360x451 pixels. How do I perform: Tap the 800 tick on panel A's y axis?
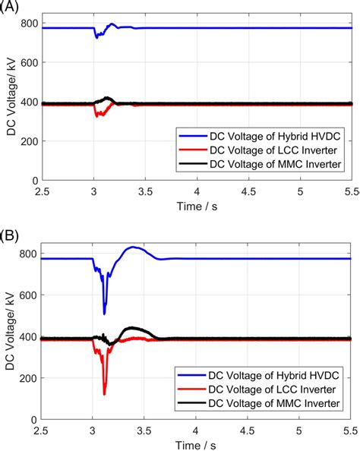30,23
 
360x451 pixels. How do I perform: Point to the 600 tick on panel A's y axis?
30,62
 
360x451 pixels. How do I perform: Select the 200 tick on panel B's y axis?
30,378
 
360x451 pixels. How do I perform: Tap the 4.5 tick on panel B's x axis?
248,430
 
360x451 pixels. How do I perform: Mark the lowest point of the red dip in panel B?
104,393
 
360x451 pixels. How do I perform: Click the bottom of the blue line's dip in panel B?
104,313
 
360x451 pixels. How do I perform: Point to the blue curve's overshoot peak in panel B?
134,247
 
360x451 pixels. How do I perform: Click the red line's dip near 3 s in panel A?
96,115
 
